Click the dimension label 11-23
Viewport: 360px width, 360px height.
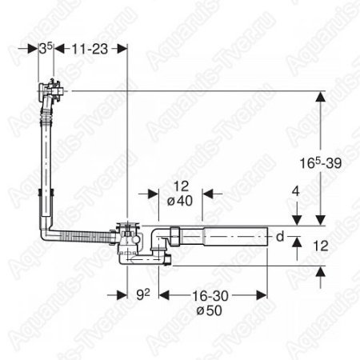tap(90, 50)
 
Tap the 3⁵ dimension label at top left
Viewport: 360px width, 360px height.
tap(46, 49)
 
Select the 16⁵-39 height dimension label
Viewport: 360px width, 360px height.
tap(320, 163)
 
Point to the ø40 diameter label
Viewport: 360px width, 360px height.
tap(180, 201)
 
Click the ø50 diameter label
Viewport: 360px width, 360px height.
tap(209, 310)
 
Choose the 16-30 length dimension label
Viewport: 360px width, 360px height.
tap(210, 296)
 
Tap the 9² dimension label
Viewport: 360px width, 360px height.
tap(143, 294)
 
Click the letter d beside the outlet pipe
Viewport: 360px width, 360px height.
tap(280, 237)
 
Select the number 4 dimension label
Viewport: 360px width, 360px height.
tap(296, 191)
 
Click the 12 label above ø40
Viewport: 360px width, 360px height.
tap(181, 186)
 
